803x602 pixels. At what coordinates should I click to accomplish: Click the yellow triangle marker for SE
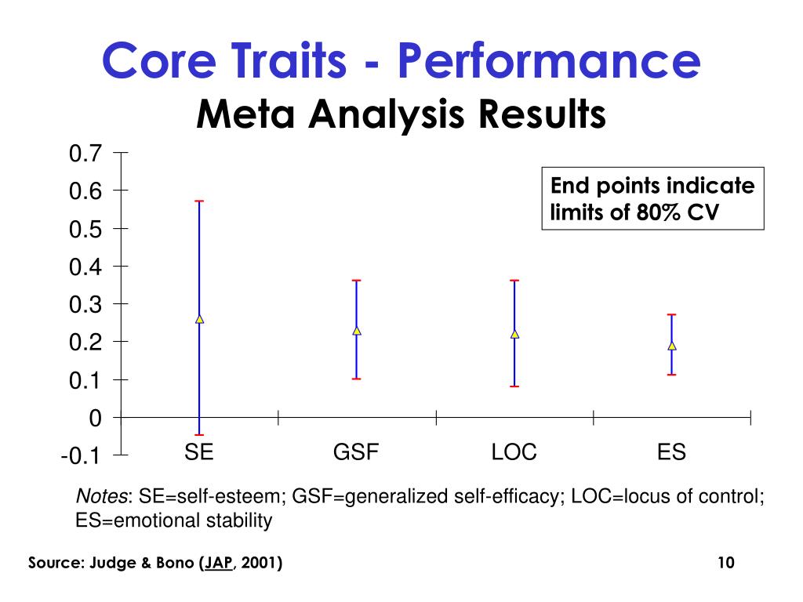pyautogui.click(x=199, y=319)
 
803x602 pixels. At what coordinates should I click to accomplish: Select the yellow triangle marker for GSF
pyautogui.click(x=357, y=330)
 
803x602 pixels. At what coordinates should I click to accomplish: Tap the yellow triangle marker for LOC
pyautogui.click(x=514, y=334)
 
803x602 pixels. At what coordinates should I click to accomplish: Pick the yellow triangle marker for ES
pyautogui.click(x=672, y=345)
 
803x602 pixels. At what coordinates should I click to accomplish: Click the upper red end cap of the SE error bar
pyautogui.click(x=199, y=201)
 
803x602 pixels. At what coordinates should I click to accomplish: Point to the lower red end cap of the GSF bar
pyautogui.click(x=357, y=379)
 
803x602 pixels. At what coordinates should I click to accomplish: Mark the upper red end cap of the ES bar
pyautogui.click(x=672, y=315)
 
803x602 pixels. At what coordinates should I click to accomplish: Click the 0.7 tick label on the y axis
pyautogui.click(x=85, y=154)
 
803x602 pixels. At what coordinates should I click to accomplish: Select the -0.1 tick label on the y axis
pyautogui.click(x=82, y=456)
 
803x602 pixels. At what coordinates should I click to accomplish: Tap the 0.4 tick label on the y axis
pyautogui.click(x=85, y=267)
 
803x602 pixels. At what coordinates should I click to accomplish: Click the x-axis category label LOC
pyautogui.click(x=514, y=452)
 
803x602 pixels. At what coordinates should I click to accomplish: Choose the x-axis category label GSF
pyautogui.click(x=357, y=452)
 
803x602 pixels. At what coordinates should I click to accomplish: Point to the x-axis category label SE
pyautogui.click(x=199, y=452)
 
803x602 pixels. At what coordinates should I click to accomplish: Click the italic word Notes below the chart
pyautogui.click(x=103, y=497)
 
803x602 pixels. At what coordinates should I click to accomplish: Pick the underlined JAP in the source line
pyautogui.click(x=218, y=563)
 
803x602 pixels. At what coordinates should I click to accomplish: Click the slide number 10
pyautogui.click(x=725, y=563)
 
